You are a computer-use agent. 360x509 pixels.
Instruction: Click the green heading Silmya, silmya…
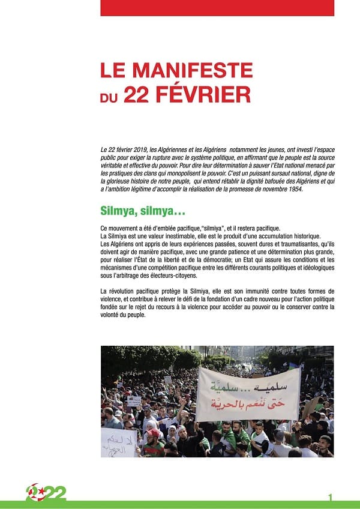coord(142,211)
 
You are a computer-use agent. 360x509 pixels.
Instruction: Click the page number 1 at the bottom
coord(331,497)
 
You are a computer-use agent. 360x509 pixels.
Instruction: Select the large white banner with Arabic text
coord(248,393)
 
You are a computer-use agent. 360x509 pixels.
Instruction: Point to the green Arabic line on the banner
coord(248,385)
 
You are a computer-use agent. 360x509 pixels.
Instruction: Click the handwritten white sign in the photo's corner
coord(118,443)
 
